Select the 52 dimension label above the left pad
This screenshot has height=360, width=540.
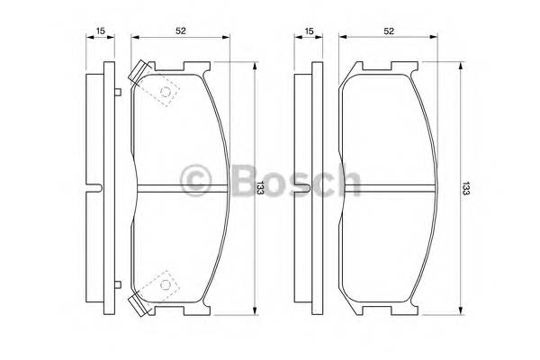pyautogui.click(x=181, y=31)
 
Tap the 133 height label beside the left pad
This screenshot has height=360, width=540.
pyautogui.click(x=260, y=187)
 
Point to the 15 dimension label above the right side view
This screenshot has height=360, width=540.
pyautogui.click(x=310, y=32)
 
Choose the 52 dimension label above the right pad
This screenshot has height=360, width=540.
pyautogui.click(x=390, y=31)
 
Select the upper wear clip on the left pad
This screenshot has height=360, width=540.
pyautogui.click(x=139, y=73)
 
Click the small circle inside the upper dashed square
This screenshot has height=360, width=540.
pyautogui.click(x=165, y=93)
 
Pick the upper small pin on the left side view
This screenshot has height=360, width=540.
pyautogui.click(x=118, y=92)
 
